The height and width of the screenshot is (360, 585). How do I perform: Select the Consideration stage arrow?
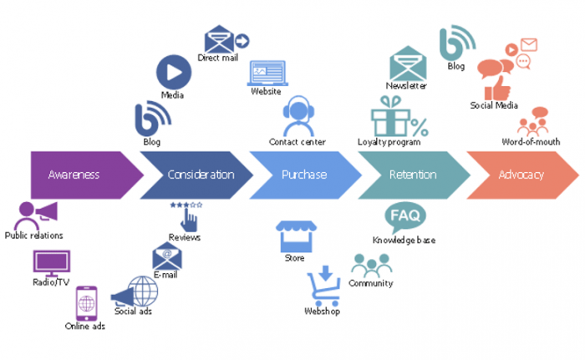(x=196, y=175)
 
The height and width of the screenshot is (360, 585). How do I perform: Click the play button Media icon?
(x=173, y=72)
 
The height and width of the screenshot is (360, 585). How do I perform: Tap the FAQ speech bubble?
(x=404, y=218)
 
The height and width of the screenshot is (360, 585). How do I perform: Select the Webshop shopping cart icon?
(x=323, y=286)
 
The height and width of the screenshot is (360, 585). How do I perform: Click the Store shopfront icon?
(x=294, y=236)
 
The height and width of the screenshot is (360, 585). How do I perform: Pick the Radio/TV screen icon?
(x=49, y=263)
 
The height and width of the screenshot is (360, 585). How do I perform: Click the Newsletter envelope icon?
(x=407, y=63)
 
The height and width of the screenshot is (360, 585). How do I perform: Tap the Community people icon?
(x=370, y=266)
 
